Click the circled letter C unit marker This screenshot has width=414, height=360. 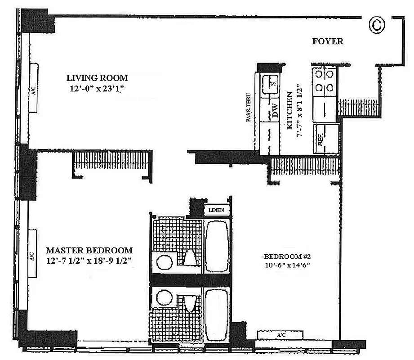pos(377,25)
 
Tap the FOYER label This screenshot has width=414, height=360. pos(328,41)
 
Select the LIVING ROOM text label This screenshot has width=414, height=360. pos(97,78)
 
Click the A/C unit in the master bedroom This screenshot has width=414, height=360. pos(33,253)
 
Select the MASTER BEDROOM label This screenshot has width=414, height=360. pos(89,250)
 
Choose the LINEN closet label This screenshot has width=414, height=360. pos(218,210)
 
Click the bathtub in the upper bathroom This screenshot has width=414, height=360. pos(217,245)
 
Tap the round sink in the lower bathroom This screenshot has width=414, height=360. pos(162,297)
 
